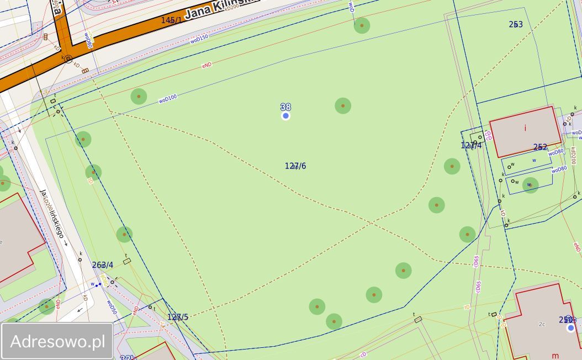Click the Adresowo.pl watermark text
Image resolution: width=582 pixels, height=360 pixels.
[57, 341]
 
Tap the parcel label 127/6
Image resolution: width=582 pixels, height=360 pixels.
[295, 166]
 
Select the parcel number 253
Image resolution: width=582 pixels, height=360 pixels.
[516, 24]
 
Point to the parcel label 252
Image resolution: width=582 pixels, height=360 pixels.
[540, 147]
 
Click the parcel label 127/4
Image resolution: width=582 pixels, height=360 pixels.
[471, 145]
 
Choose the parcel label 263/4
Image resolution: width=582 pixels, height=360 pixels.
[103, 265]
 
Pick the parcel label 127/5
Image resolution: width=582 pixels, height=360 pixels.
[178, 317]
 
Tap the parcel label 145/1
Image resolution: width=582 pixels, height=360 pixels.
[171, 20]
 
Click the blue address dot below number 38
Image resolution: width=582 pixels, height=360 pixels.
[285, 116]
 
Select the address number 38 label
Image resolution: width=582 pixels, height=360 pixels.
[285, 107]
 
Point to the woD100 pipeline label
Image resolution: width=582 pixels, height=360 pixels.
[168, 99]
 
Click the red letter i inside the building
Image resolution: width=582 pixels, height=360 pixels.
[525, 128]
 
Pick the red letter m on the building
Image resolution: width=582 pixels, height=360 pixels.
[555, 355]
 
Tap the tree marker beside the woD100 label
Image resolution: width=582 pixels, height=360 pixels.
[139, 97]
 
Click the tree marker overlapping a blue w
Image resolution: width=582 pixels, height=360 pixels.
[530, 185]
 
